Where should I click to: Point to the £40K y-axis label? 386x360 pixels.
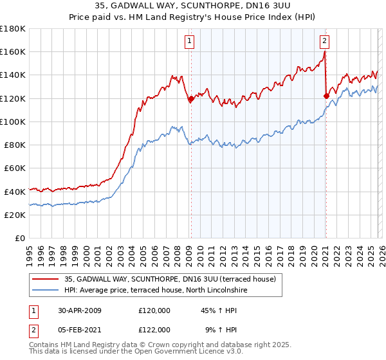point(14,192)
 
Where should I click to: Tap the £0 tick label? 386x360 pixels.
point(19,238)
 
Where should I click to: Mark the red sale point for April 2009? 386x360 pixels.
point(191,99)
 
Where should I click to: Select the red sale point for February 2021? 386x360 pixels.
point(326,96)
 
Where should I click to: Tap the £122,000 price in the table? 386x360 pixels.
point(154,329)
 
